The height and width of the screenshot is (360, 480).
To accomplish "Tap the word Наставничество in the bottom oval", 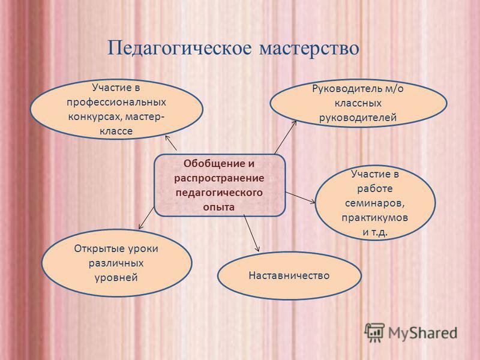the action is click(x=289, y=275).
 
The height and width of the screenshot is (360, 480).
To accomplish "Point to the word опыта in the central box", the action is click(x=219, y=207).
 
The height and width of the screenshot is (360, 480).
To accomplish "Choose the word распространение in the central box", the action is click(x=219, y=178).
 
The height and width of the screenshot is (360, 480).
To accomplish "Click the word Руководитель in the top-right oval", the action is click(x=347, y=88).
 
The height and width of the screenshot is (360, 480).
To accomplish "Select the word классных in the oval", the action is click(x=358, y=103).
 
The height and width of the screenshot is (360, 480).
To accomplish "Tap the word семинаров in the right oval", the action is click(x=374, y=203).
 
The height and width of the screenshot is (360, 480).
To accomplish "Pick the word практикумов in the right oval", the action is click(x=374, y=218).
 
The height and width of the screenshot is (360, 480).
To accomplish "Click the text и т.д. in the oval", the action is click(x=375, y=232).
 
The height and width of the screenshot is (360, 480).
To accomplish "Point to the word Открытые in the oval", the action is click(x=95, y=248).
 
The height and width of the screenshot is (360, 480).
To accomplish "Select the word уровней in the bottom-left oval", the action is click(x=116, y=277).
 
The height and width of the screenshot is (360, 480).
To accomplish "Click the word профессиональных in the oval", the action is click(x=116, y=102).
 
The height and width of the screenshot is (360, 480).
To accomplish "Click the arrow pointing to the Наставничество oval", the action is click(x=251, y=233).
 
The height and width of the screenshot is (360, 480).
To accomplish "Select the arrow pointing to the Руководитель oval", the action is click(x=286, y=137).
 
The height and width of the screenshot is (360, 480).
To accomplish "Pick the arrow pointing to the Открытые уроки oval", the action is click(x=146, y=218).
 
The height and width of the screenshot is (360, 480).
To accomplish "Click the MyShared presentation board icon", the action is click(x=374, y=332).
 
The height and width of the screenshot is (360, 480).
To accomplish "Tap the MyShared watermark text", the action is click(x=423, y=333).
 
